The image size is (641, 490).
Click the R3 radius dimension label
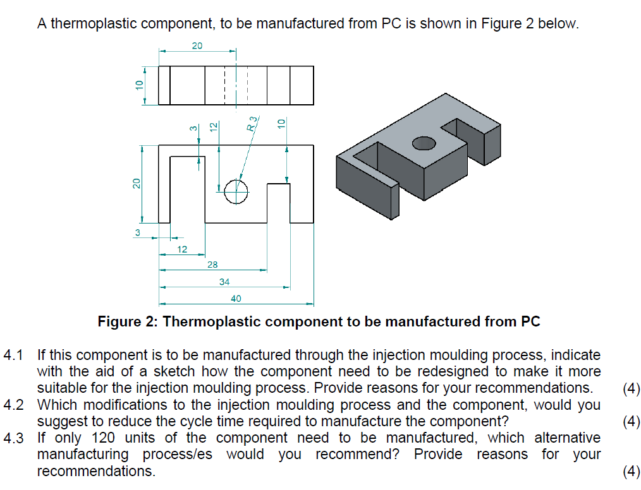point(252,122)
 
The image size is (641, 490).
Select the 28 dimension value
point(213,265)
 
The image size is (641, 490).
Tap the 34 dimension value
point(224,282)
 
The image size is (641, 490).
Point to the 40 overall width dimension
point(236,298)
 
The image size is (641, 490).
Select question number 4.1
point(13,355)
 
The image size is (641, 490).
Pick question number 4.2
point(13,405)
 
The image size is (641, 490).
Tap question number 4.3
point(13,438)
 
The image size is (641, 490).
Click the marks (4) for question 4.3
point(631,470)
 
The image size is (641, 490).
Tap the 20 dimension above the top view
point(197,45)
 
